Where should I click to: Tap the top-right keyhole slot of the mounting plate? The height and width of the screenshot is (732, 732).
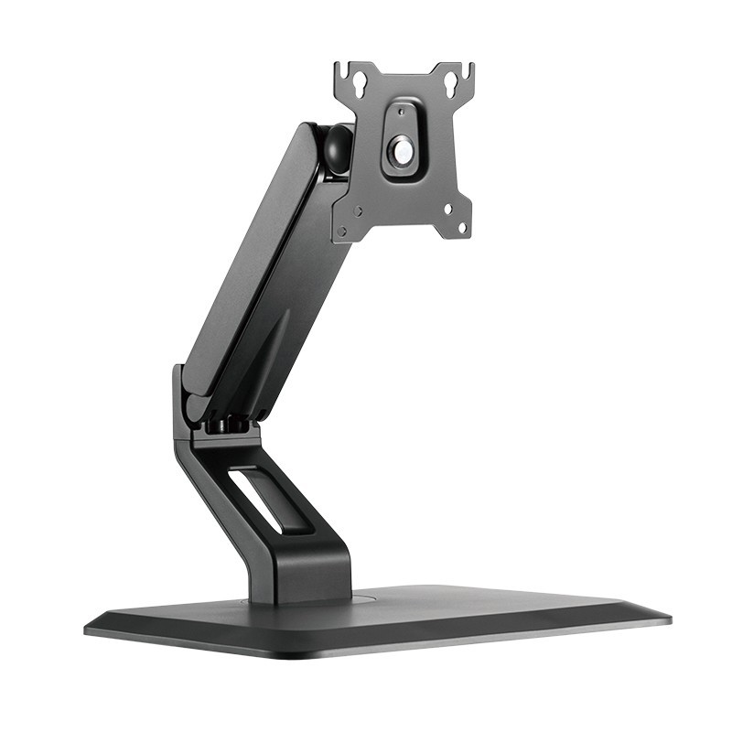tap(451, 83)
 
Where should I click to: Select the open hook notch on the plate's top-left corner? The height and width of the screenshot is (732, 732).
tap(340, 70)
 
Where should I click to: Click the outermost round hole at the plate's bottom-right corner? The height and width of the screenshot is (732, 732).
tap(461, 225)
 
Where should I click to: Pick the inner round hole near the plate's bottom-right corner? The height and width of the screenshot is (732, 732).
tap(447, 209)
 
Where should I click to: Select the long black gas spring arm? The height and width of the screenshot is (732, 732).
tap(265, 265)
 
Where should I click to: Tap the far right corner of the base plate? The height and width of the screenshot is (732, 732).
tap(666, 619)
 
